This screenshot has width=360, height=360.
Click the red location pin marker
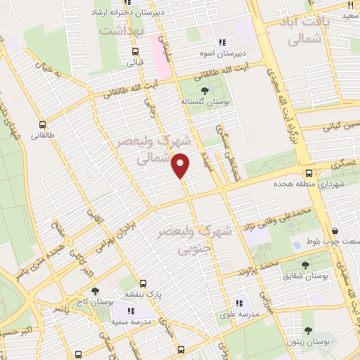point(181,165)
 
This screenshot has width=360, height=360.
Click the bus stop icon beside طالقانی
point(44,122)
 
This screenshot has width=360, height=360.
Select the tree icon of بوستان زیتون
point(307,330)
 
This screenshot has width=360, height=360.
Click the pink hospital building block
point(162,56)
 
